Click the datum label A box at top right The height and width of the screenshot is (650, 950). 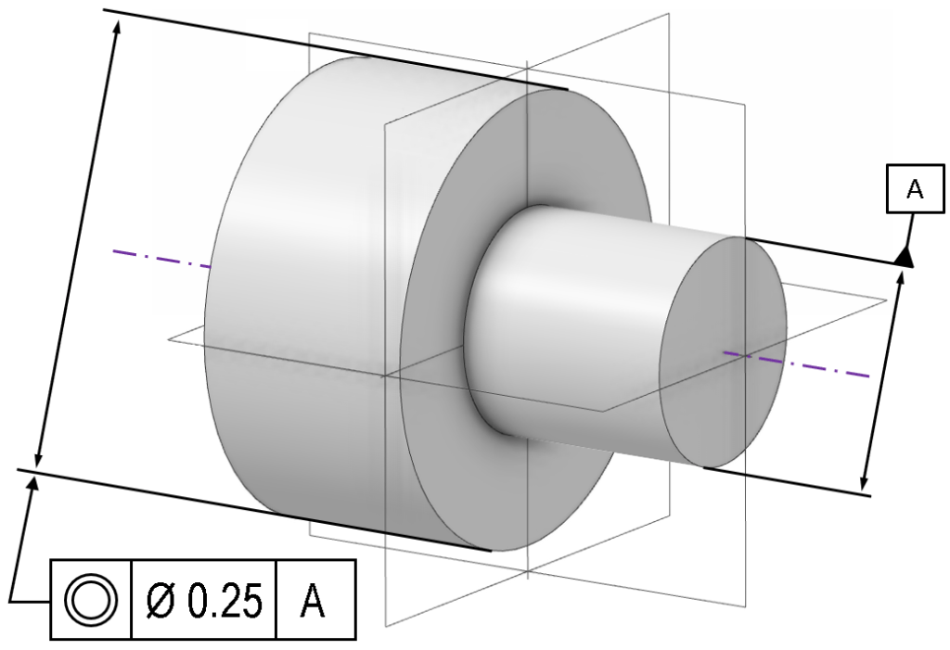[914, 189]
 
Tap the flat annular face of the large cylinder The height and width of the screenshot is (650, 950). [436, 417]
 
